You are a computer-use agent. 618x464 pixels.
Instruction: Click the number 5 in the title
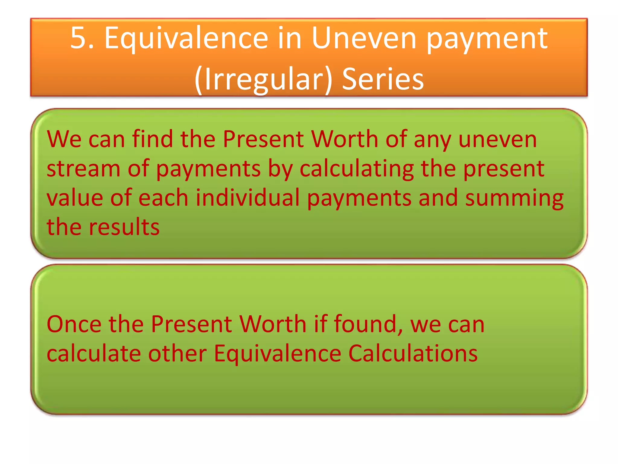(78, 38)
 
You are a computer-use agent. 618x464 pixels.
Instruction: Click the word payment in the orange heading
(486, 39)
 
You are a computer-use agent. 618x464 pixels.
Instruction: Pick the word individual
(247, 198)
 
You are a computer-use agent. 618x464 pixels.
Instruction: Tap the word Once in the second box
(74, 324)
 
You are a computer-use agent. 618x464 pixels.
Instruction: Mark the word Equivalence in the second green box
(277, 353)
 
